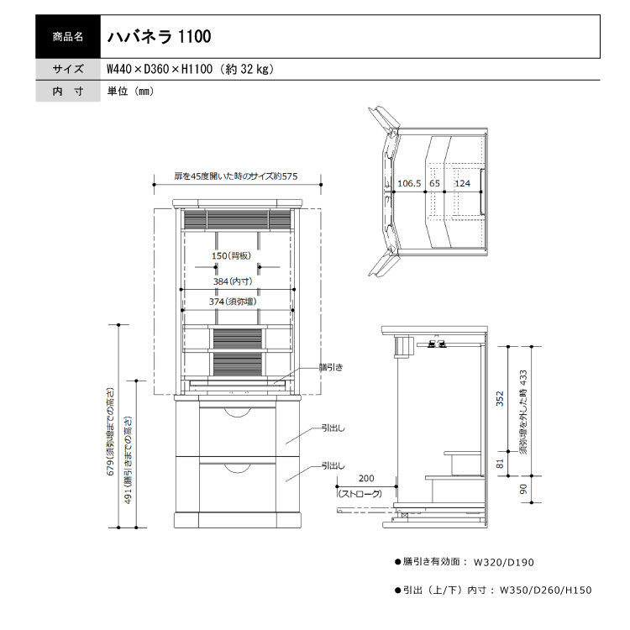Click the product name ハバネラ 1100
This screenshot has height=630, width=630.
point(159,37)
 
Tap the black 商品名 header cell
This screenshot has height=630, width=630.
point(68,37)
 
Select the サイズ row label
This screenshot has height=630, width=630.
point(68,69)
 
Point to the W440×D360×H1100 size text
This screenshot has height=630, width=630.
point(160,69)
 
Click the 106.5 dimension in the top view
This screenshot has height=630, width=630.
point(409,184)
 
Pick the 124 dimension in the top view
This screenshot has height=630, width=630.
point(462,184)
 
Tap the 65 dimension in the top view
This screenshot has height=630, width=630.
point(434,184)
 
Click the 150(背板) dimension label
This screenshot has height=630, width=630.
point(232,255)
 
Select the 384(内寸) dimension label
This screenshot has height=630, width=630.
point(233,281)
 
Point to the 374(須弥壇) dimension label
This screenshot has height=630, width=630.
point(233,302)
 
